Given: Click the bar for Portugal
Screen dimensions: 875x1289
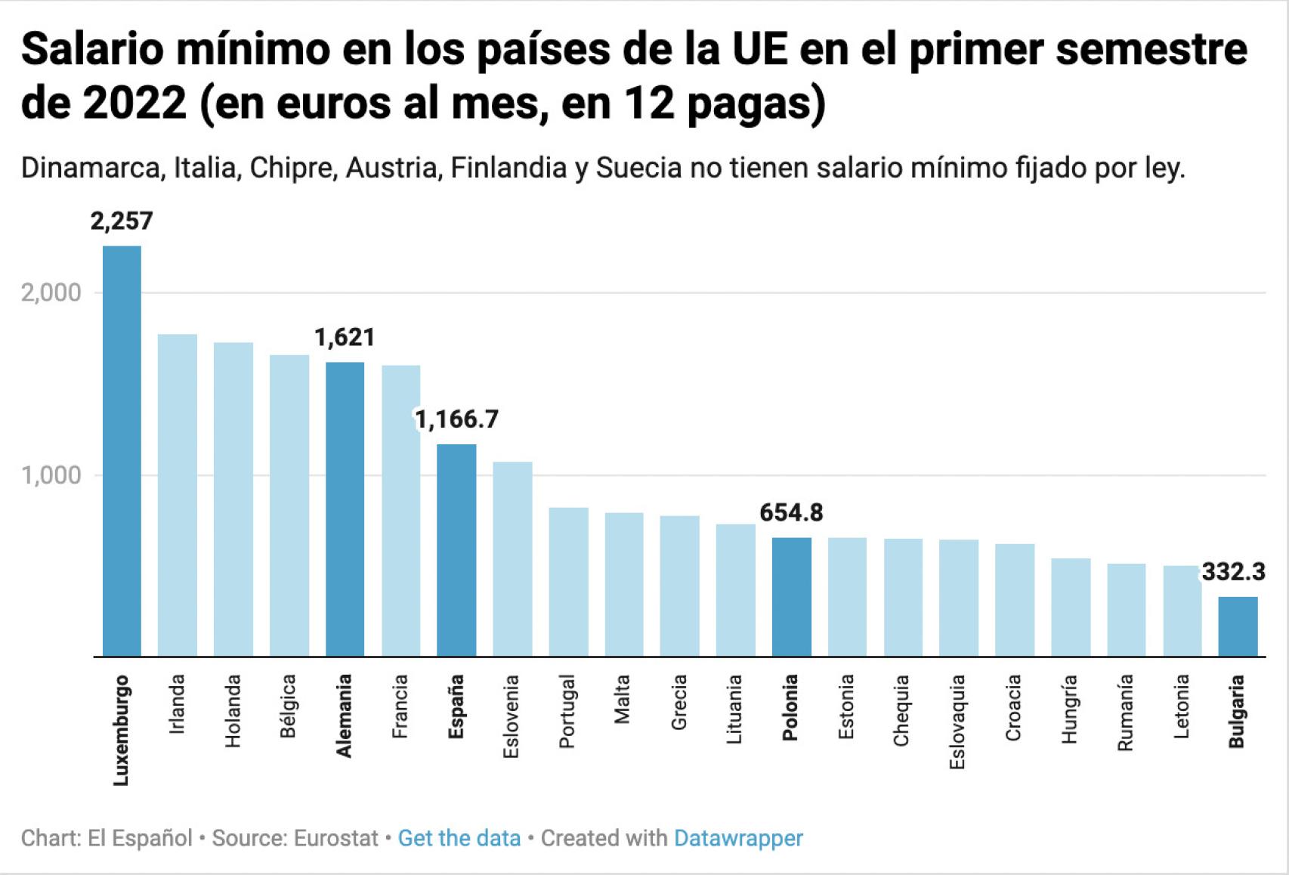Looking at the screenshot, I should click(x=568, y=582).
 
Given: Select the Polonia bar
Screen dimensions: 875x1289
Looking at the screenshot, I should click(x=791, y=597).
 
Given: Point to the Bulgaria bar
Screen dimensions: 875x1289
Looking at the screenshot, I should click(x=1238, y=626).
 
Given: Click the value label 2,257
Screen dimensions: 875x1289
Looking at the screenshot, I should click(x=122, y=221).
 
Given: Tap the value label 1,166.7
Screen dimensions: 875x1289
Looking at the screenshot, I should click(x=457, y=419).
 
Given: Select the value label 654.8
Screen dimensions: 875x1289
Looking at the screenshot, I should click(x=791, y=512).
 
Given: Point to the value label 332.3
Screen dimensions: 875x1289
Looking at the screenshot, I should click(x=1233, y=571).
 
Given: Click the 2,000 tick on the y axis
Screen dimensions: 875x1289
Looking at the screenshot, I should click(x=51, y=292).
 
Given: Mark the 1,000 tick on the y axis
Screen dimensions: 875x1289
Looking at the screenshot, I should click(x=51, y=475).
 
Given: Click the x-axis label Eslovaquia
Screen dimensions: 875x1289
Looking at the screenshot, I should click(x=958, y=722).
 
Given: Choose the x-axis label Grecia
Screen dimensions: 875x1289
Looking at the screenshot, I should click(x=679, y=702).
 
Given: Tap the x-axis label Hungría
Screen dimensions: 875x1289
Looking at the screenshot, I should click(x=1069, y=709).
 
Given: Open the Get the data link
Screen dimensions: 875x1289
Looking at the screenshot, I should click(x=459, y=838).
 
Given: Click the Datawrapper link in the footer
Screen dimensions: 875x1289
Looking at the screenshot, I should click(x=738, y=838).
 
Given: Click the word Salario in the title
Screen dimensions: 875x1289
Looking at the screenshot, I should click(x=93, y=49).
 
